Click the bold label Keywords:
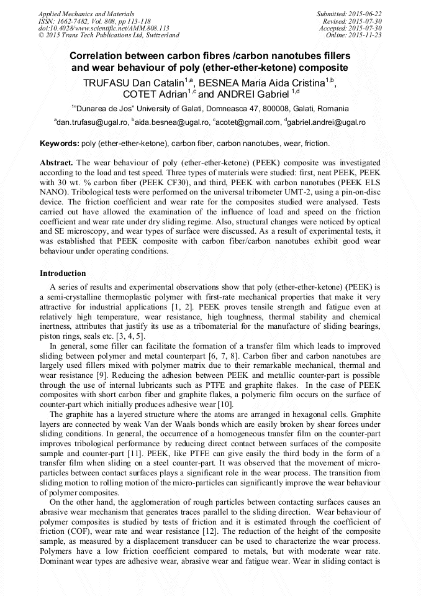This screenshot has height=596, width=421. click(60, 144)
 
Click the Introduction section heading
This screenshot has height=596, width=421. click(63, 273)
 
